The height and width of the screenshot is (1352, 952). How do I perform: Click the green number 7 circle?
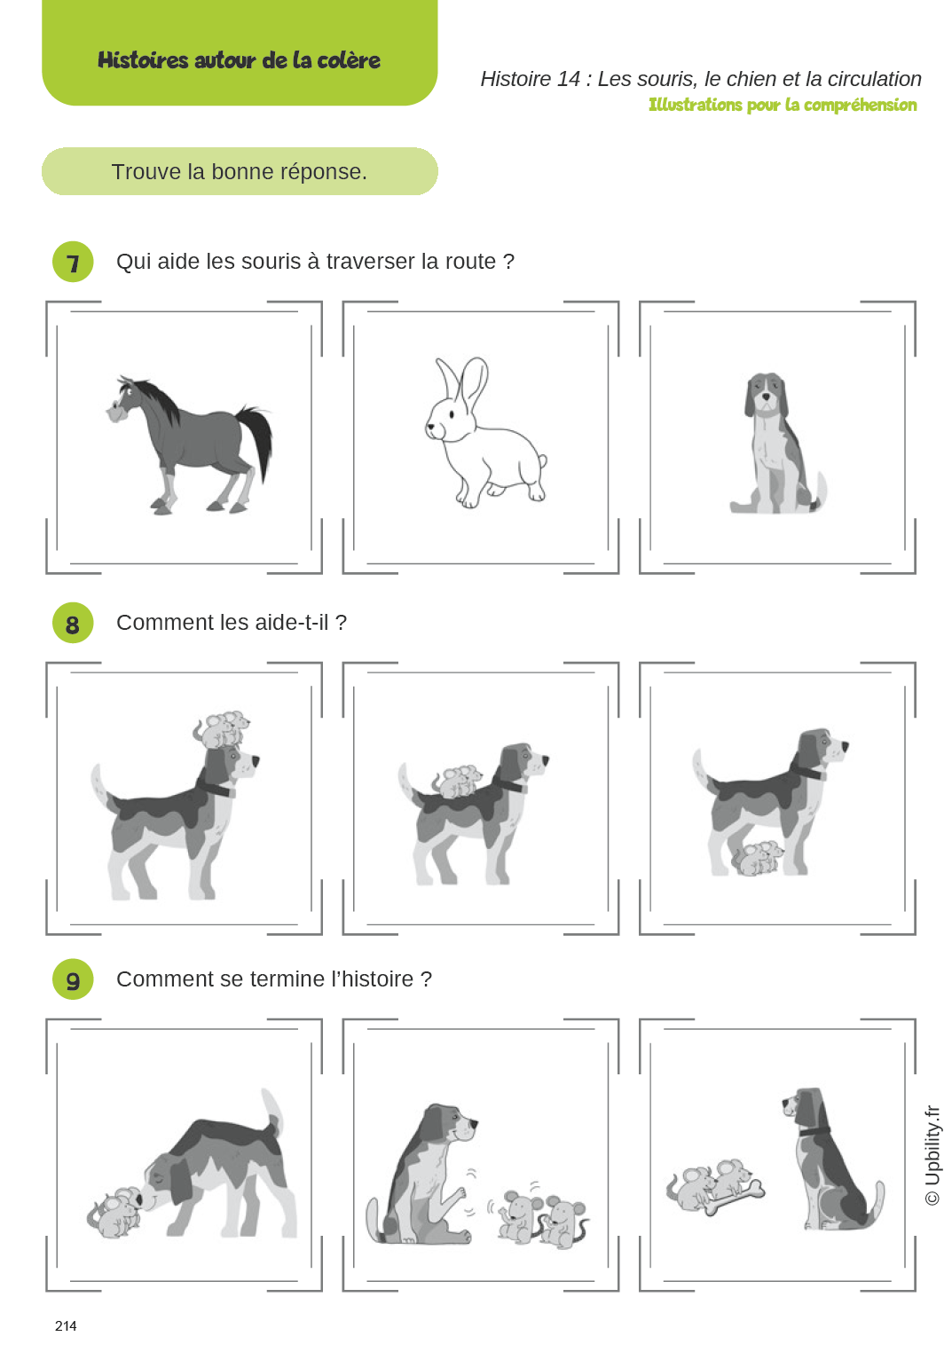point(73,263)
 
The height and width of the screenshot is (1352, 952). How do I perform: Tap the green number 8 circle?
point(73,624)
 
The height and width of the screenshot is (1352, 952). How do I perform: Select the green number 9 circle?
point(73,980)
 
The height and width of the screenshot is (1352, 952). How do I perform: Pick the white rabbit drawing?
point(484,435)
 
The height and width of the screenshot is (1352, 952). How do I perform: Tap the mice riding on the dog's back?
point(458,781)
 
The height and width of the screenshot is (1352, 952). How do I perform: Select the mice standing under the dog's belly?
point(757,858)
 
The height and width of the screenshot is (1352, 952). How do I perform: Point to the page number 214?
point(66,1325)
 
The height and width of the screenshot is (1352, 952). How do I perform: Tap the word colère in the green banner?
point(349,60)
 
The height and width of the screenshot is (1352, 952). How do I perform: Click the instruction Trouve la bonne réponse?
point(240,171)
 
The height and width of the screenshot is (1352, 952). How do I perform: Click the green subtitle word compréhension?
point(860,105)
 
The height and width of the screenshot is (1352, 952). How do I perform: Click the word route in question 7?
point(470,262)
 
